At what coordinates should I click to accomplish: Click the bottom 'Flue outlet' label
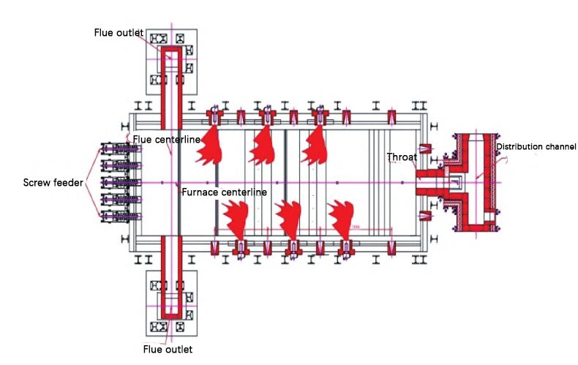(168, 349)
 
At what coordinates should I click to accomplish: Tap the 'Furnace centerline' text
(224, 192)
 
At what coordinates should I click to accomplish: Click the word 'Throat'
(402, 157)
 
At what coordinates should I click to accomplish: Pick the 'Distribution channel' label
(536, 146)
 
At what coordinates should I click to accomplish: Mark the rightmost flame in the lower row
(341, 217)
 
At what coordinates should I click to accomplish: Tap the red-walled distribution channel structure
(476, 179)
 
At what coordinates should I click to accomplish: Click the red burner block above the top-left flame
(215, 116)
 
